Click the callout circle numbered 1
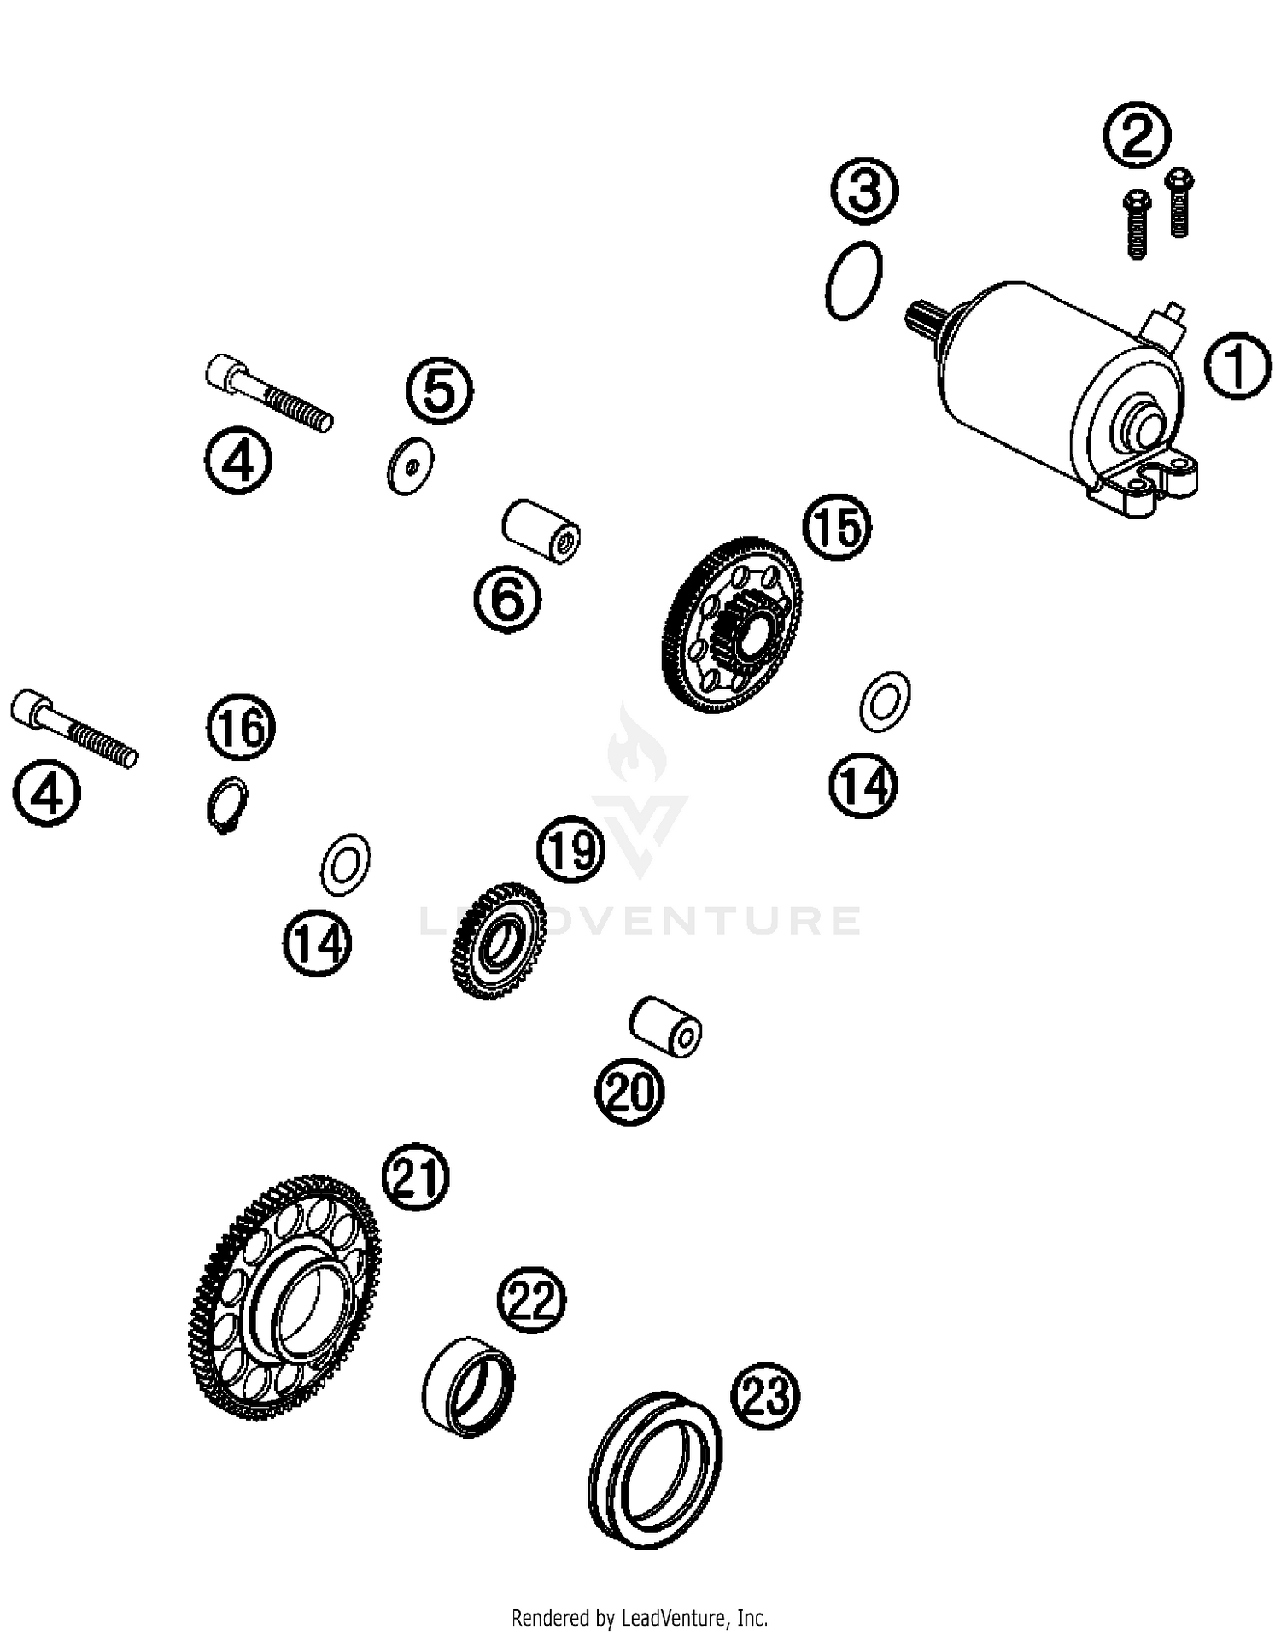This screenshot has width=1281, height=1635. (x=1237, y=365)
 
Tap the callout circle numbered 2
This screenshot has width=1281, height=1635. (x=1137, y=135)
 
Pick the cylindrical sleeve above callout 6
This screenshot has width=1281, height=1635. (x=541, y=531)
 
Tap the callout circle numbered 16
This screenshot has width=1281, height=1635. (x=241, y=729)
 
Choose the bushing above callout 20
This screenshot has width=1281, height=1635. (x=665, y=1025)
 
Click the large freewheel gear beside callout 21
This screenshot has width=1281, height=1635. (x=284, y=1298)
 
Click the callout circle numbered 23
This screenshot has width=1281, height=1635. (x=764, y=1397)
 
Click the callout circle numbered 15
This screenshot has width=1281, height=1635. (x=838, y=527)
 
